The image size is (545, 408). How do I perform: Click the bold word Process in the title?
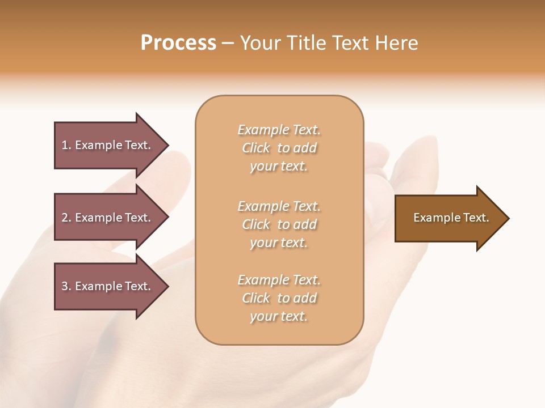click(178, 43)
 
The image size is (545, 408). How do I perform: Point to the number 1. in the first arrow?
click(66, 145)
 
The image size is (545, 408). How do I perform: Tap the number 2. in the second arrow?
click(66, 218)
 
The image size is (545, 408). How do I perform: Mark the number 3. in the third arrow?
click(66, 286)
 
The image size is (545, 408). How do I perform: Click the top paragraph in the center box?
click(279, 148)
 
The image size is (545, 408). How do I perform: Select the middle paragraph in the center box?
click(279, 224)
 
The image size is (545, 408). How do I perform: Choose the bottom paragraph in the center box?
click(279, 298)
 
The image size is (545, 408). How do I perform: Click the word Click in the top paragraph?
click(256, 148)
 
